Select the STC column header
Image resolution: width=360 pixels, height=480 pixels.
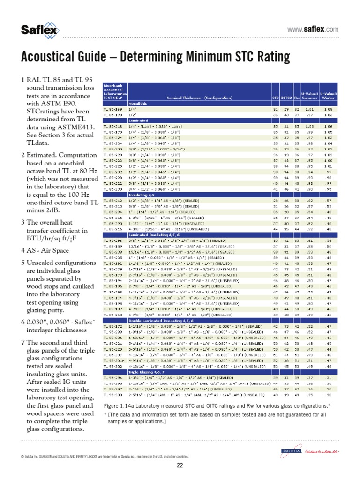(x=275, y=97)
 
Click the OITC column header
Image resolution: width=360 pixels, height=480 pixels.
(x=285, y=97)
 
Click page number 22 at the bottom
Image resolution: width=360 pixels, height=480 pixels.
(x=180, y=465)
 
